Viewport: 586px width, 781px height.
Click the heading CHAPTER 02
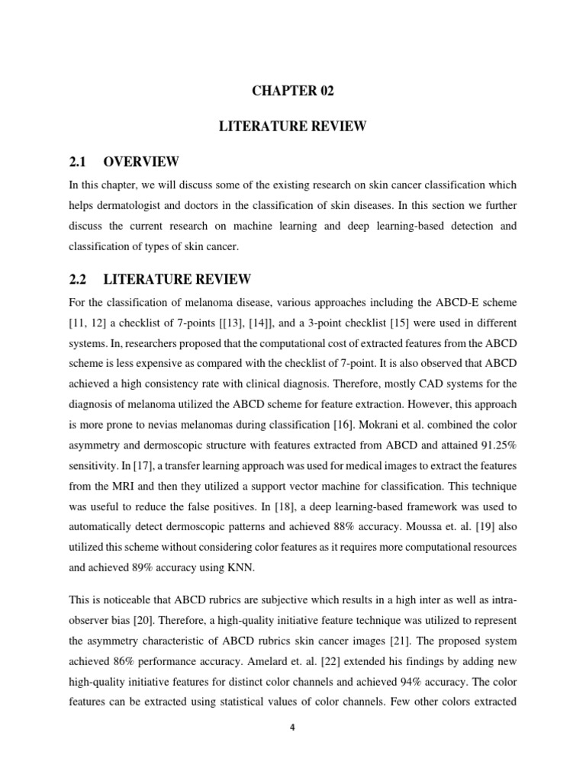click(292, 91)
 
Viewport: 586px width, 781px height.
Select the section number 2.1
click(79, 162)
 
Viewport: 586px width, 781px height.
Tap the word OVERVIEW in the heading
click(141, 162)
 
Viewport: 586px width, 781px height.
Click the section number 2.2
click(79, 280)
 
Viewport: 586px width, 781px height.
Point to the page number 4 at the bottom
click(293, 727)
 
